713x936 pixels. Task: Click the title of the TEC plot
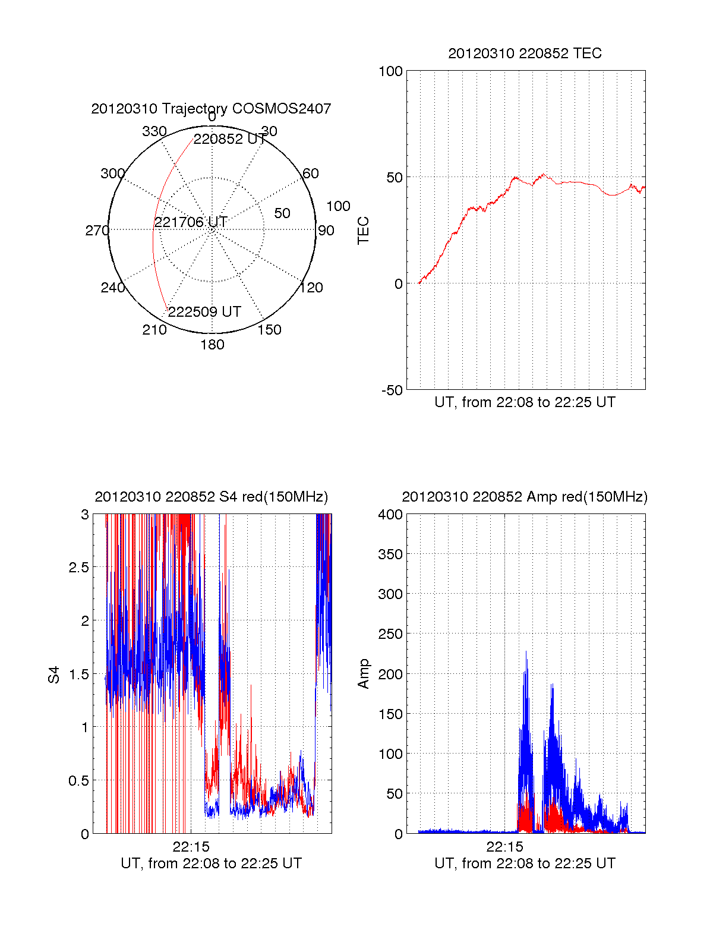click(525, 53)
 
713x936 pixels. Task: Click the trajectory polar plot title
click(211, 109)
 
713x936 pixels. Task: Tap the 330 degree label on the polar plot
click(154, 131)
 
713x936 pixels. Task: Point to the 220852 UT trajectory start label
click(230, 139)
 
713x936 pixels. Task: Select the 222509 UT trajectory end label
click(204, 312)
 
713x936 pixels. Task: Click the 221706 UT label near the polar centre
click(191, 222)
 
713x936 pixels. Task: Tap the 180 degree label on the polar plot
click(212, 345)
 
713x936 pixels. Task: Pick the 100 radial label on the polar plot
click(338, 206)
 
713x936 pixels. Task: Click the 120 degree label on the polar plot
click(311, 288)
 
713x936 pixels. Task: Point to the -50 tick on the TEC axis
click(392, 390)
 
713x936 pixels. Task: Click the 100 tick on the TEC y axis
click(390, 71)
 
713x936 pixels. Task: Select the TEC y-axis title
click(363, 231)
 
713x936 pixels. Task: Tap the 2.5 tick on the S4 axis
click(78, 568)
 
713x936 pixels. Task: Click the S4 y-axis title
click(54, 675)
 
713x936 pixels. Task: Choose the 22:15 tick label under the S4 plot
click(191, 846)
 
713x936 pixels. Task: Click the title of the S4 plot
click(211, 497)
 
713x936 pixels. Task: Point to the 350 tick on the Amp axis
click(390, 554)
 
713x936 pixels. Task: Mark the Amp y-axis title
click(363, 674)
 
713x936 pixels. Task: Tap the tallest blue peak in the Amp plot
click(526, 653)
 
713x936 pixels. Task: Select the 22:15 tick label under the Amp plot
click(504, 846)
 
